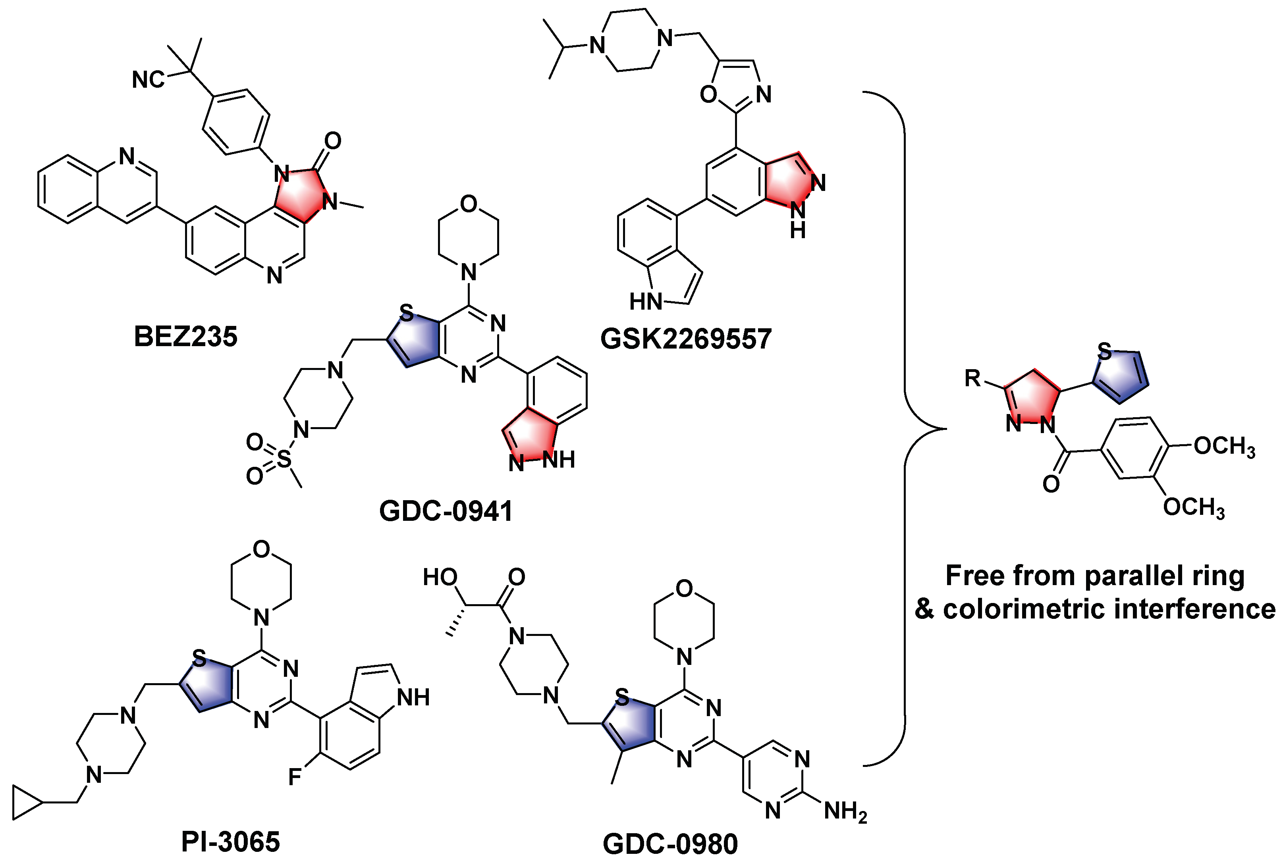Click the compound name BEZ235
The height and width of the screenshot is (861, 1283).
coord(185,336)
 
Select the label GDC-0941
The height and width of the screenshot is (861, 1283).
coord(446,510)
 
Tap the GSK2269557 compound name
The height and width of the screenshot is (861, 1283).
coord(686,338)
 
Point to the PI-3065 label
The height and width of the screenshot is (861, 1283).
coord(230,841)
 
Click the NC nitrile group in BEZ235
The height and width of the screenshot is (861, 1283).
coord(148,80)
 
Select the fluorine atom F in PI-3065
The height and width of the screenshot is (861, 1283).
coord(295,777)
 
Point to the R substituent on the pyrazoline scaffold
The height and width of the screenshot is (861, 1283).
coord(973,378)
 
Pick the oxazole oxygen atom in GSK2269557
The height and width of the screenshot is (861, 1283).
coord(708,94)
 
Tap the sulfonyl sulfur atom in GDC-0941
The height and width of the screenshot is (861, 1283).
coord(284,458)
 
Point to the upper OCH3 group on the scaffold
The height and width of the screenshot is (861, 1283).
coord(1224,447)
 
